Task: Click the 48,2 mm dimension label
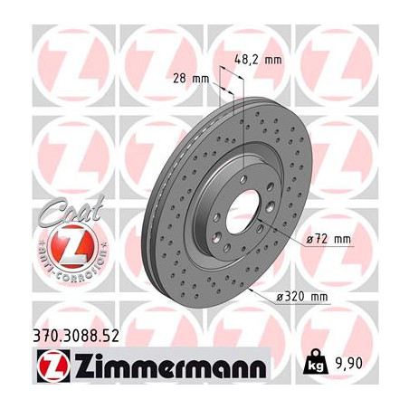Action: tap(258, 60)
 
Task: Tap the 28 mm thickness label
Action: tap(191, 79)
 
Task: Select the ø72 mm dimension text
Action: tap(328, 240)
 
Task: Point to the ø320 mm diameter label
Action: tap(302, 297)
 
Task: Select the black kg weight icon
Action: tap(316, 362)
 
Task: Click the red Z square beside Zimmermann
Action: tap(53, 366)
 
